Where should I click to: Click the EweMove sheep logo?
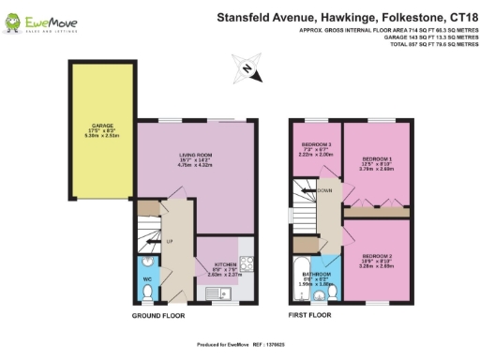tap(12, 18)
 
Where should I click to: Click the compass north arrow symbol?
tap(246, 67)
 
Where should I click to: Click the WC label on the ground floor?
tap(147, 278)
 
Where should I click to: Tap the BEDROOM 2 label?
tap(377, 256)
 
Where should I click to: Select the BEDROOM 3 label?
tap(315, 145)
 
